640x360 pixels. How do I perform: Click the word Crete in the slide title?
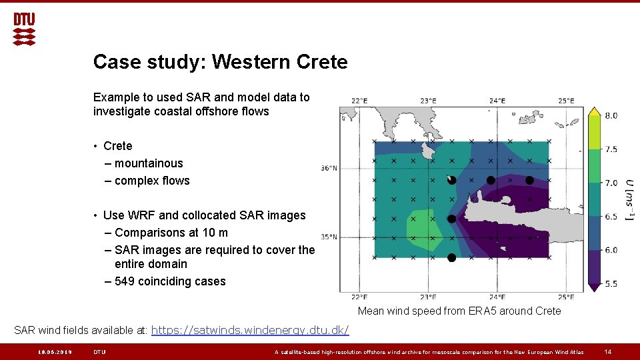coord(321,62)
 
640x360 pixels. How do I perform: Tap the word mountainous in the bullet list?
coord(149,163)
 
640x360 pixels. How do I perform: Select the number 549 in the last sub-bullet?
coord(125,281)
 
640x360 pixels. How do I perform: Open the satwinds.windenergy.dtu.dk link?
coord(250,331)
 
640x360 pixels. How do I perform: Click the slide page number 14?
coord(607,352)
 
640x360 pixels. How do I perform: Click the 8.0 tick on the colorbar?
coord(611,115)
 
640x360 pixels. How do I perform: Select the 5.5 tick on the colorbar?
coord(611,284)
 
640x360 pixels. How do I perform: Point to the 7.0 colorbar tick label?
coord(611,183)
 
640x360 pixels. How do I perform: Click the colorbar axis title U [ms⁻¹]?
coord(629,200)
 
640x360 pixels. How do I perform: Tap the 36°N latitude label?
coord(329,169)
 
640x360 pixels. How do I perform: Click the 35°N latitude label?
coord(329,237)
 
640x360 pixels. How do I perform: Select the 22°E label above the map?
coord(359,101)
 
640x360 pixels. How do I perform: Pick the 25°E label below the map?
coord(566,297)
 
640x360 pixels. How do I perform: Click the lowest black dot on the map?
coord(451,257)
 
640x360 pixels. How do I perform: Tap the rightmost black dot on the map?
coord(529,180)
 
